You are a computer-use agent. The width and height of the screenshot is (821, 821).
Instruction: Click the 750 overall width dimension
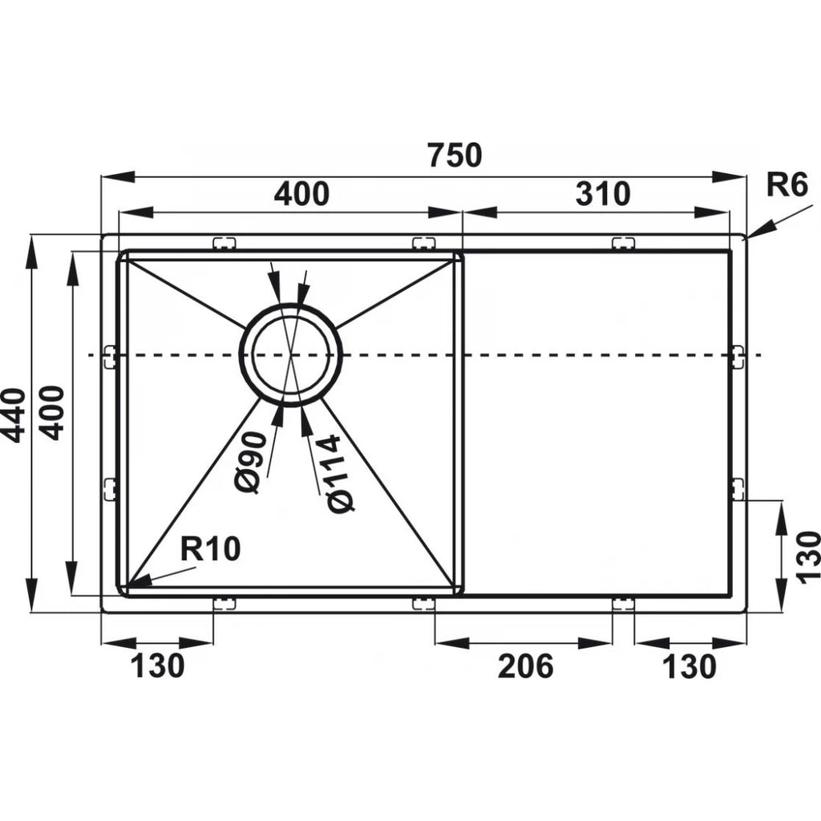455,155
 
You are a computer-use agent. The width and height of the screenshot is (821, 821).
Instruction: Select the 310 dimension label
603,194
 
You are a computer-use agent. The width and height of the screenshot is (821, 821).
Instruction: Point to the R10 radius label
210,550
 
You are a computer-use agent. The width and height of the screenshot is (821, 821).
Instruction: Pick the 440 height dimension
14,414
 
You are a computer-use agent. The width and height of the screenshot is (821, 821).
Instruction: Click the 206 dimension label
525,665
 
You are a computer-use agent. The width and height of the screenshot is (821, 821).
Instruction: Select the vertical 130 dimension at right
807,555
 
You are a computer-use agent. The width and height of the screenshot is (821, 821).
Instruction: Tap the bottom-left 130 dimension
157,665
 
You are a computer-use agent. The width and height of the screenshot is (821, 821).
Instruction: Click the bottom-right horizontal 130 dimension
690,665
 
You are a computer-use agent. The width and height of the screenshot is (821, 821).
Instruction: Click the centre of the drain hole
291,354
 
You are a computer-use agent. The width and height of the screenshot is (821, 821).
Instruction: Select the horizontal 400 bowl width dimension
301,194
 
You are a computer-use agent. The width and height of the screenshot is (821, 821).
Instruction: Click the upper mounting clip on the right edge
738,355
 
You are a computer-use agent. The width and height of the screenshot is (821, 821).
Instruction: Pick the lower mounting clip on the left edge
110,487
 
